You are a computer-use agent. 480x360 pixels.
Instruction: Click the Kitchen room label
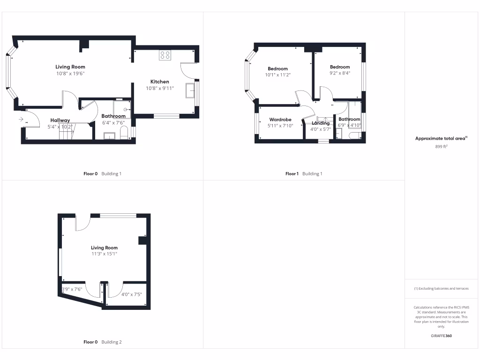[x=159, y=82]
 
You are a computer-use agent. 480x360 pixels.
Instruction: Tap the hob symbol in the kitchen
[x=165, y=55]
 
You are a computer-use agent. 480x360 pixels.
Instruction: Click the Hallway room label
[x=60, y=120]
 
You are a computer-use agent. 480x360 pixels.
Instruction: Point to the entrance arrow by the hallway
[x=21, y=120]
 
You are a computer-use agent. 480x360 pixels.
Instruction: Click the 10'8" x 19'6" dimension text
[x=70, y=74]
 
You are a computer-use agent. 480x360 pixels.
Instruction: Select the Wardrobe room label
[x=280, y=120]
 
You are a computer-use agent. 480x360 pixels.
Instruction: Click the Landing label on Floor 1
[x=321, y=123]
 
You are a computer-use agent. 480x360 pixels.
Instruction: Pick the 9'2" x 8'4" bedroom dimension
[x=339, y=73]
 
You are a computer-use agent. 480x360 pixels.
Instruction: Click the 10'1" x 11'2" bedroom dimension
[x=278, y=75]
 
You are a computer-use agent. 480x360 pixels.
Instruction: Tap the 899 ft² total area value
[x=441, y=146]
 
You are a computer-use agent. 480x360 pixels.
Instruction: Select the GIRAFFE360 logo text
[x=441, y=336]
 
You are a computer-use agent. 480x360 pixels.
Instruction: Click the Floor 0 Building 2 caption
[x=102, y=342]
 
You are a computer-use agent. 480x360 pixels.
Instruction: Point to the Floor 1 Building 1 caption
[x=304, y=174]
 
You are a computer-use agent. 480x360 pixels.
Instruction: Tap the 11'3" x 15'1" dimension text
[x=104, y=254]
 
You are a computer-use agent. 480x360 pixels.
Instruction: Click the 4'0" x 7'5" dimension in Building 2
[x=131, y=295]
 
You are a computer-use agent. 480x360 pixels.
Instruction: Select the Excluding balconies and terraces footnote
[x=441, y=289]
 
